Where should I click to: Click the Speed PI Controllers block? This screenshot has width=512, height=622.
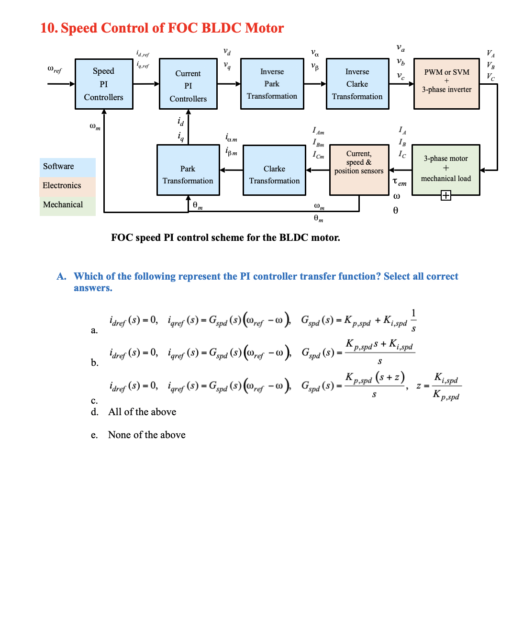click(104, 84)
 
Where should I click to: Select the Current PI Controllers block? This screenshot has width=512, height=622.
click(188, 84)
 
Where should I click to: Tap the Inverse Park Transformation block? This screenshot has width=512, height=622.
click(272, 84)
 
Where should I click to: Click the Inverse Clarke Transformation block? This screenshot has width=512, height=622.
click(357, 84)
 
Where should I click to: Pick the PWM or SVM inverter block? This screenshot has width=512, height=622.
click(446, 84)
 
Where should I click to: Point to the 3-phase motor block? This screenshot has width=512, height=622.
click(445, 169)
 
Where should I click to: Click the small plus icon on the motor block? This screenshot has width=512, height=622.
click(445, 195)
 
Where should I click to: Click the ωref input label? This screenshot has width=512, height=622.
click(55, 69)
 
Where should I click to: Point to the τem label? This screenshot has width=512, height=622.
click(400, 182)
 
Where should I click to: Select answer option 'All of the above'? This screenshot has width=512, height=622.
click(142, 412)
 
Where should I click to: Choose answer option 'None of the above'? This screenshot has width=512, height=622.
click(146, 435)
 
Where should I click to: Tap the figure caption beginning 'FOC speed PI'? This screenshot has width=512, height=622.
click(225, 238)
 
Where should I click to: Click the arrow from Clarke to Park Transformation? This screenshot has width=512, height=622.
click(232, 170)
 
